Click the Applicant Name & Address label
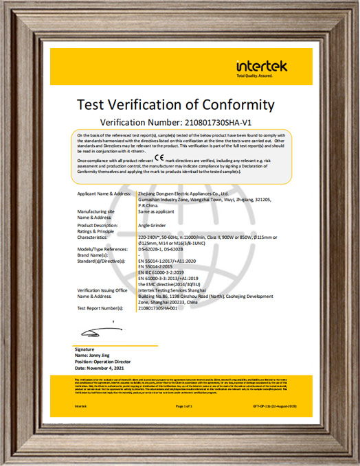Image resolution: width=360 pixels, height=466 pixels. [x=103, y=194]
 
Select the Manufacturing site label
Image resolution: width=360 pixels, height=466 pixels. [x=95, y=212]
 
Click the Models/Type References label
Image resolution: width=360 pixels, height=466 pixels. [x=102, y=251]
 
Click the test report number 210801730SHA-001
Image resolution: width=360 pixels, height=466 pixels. [x=168, y=307]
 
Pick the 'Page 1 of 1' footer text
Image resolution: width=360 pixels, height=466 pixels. [x=183, y=407]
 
